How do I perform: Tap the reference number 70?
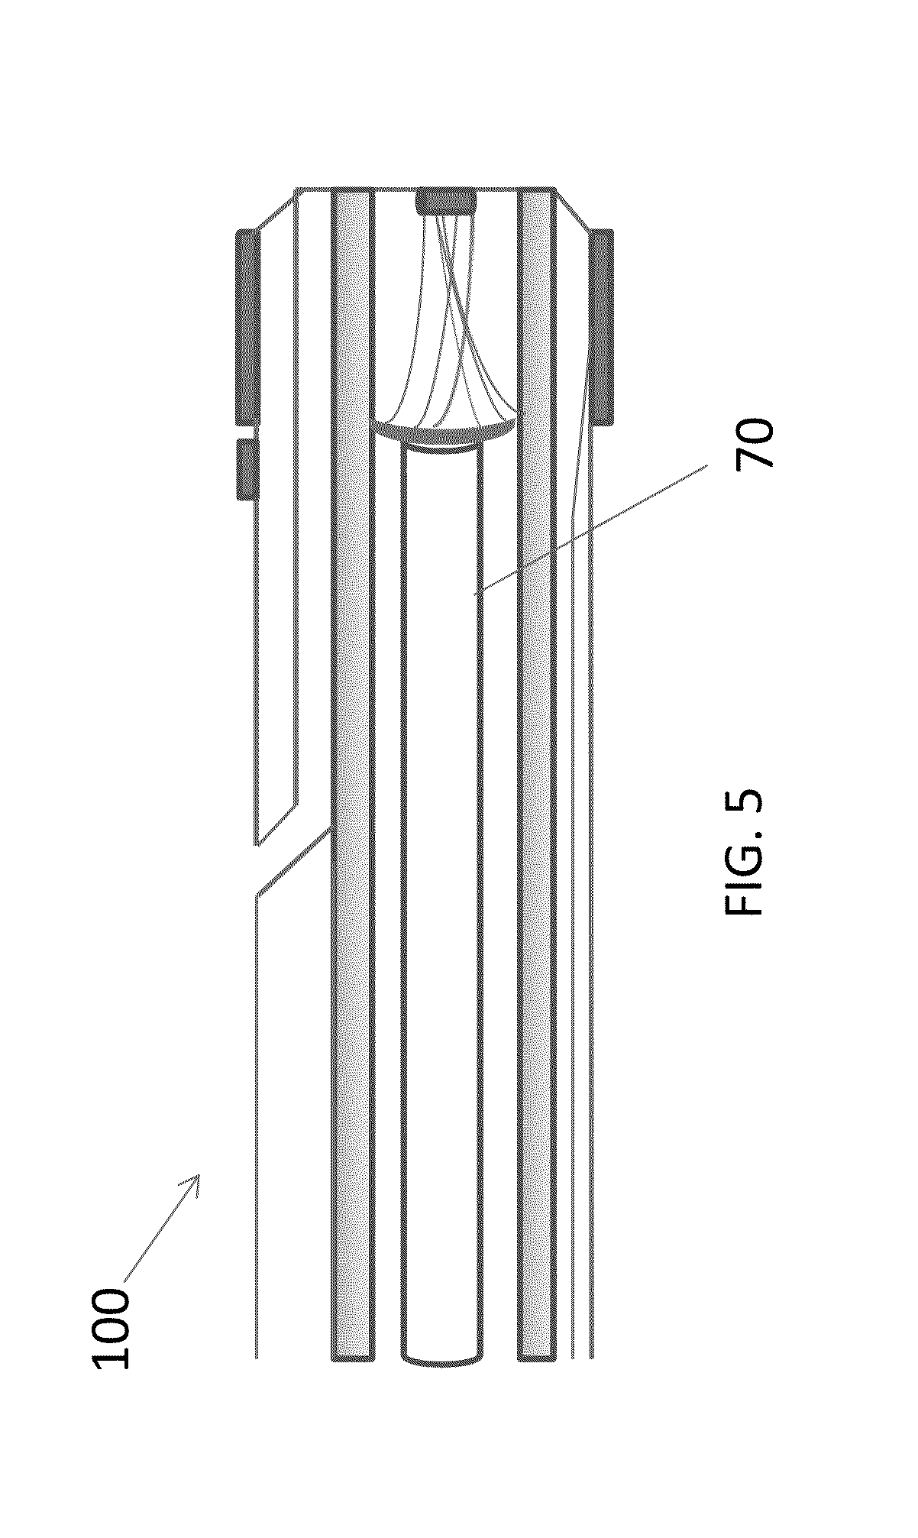click(755, 442)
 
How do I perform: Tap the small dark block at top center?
click(444, 203)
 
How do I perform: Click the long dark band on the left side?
click(247, 326)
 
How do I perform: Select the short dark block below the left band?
click(247, 469)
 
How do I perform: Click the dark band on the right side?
click(602, 326)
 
